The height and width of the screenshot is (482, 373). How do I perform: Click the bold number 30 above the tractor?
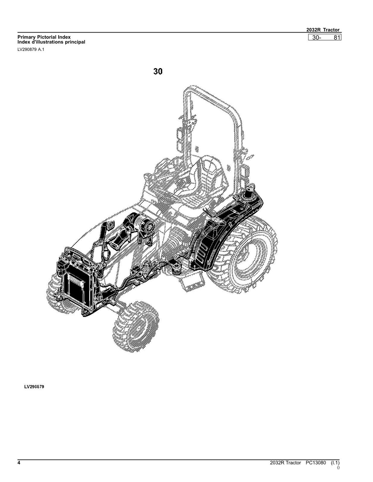pyautogui.click(x=158, y=71)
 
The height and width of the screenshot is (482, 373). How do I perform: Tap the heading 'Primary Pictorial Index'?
pyautogui.click(x=44, y=37)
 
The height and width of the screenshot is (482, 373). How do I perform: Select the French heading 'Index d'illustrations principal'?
pyautogui.click(x=51, y=42)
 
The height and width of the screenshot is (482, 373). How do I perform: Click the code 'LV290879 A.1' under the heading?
pyautogui.click(x=31, y=49)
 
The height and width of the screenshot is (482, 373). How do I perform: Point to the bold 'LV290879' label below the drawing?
pyautogui.click(x=34, y=387)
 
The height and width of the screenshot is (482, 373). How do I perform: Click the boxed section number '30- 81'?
pyautogui.click(x=325, y=37)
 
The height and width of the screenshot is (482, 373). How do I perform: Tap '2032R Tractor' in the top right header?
pyautogui.click(x=323, y=30)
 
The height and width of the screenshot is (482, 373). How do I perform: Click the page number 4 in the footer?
pyautogui.click(x=19, y=463)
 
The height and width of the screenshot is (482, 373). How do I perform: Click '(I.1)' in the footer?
pyautogui.click(x=335, y=463)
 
